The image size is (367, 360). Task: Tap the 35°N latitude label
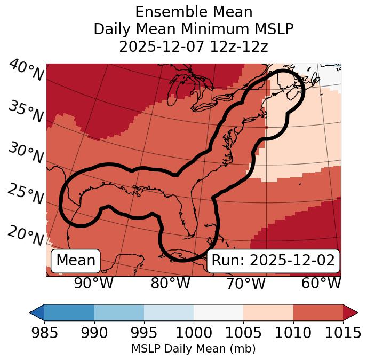[x=26, y=112]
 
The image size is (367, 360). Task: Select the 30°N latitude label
[x=26, y=153]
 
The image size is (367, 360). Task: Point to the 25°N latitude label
[x=26, y=194]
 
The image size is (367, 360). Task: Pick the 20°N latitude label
[x=26, y=235]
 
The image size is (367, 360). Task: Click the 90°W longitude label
[x=93, y=283]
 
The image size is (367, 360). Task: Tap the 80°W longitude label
[x=170, y=283]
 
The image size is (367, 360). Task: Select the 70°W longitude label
[x=245, y=283]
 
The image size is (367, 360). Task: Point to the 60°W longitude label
[x=321, y=283]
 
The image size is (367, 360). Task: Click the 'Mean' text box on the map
[x=76, y=261]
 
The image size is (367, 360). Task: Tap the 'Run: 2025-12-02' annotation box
[x=273, y=261]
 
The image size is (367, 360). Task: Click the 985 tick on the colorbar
[x=44, y=333]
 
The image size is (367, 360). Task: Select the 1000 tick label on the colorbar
[x=194, y=333]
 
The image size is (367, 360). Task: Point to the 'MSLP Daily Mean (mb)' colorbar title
[x=193, y=349]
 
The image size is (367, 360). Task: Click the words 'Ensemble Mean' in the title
[x=193, y=12]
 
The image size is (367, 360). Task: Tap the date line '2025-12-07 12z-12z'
[x=193, y=46]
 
